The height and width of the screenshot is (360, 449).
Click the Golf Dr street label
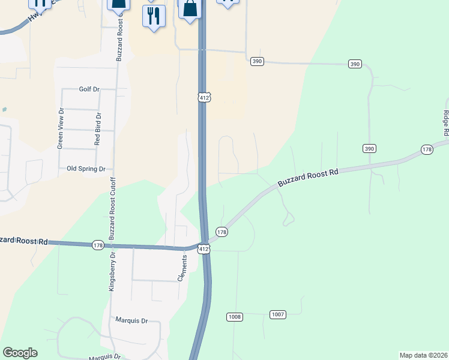pos(89,89)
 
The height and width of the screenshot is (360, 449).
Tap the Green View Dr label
pos(60,128)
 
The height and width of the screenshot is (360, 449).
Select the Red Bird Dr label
pos(98,128)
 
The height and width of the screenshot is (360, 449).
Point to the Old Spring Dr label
pos(86,169)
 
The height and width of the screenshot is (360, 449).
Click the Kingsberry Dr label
pos(112,272)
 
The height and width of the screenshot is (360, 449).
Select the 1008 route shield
pos(235,316)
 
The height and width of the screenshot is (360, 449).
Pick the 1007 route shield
pos(278,314)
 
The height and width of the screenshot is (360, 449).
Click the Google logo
pos(20,353)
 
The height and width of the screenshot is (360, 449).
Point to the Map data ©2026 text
pos(423,355)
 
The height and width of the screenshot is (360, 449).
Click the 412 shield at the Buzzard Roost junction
pos(205,249)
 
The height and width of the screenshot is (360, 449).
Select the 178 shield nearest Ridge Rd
pos(427,149)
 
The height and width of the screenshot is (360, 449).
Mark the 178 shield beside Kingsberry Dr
pos(98,245)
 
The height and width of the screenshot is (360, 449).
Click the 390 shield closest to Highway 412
pos(258,61)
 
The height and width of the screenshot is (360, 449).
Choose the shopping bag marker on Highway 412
pos(190,10)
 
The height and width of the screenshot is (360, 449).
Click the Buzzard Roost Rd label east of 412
pos(309,176)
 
